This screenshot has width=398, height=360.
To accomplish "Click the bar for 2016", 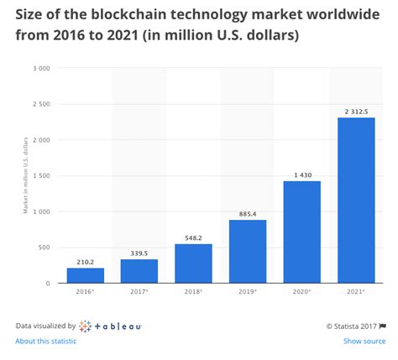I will coord(85,275).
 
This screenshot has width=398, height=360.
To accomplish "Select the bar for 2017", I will coord(139,271).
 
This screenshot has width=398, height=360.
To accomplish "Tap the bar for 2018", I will coord(193,263).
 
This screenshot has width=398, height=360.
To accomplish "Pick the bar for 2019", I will coord(248,252).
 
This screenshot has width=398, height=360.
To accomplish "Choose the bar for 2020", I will coord(301,232).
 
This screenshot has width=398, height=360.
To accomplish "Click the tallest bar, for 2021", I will coord(356,201).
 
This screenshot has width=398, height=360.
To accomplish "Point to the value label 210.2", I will coord(85,261).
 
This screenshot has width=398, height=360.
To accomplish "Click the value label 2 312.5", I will coord(356,111).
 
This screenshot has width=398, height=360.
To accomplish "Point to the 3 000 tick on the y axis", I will coord(40,68).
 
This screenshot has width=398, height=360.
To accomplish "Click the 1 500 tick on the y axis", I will coord(40,175).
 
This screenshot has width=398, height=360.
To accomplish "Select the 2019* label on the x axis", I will coord(248,292).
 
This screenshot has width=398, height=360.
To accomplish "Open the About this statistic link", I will coord(45,341).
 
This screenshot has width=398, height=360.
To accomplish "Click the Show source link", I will coord(364,341).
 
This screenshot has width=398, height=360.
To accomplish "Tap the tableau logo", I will coord(111,325).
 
